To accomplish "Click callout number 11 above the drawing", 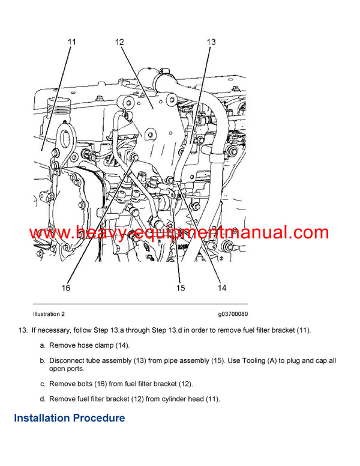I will pyautogui.click(x=71, y=42).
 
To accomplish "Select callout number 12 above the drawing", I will pyautogui.click(x=119, y=42).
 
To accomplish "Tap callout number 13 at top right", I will pyautogui.click(x=211, y=42).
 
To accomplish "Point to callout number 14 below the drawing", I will pyautogui.click(x=221, y=288).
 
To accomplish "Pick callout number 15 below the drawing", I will pyautogui.click(x=181, y=288).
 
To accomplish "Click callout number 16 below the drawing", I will pyautogui.click(x=65, y=288).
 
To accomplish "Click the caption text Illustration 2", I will pyautogui.click(x=49, y=314).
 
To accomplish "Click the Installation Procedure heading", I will pyautogui.click(x=70, y=418).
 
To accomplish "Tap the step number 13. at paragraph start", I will pyautogui.click(x=23, y=330).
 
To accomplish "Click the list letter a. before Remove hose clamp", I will pyautogui.click(x=43, y=345).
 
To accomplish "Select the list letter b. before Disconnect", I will pyautogui.click(x=43, y=360).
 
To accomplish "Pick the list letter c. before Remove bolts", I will pyautogui.click(x=43, y=383).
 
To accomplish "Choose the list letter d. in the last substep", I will pyautogui.click(x=43, y=398).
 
